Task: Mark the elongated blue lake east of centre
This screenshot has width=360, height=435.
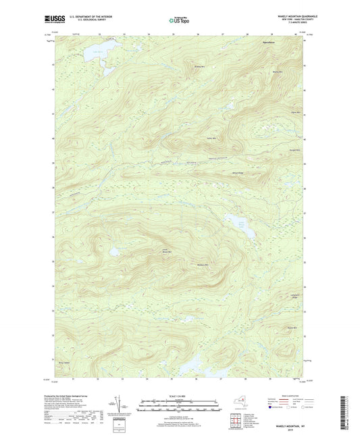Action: [243, 229]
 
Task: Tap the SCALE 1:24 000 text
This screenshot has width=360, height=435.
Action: [180, 397]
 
